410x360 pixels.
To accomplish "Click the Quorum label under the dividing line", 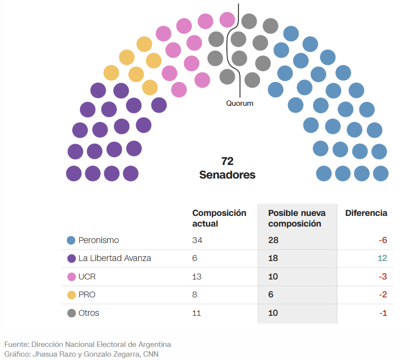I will [x=239, y=103].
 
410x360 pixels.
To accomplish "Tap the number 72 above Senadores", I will [x=227, y=162].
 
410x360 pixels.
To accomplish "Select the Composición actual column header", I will [x=219, y=218].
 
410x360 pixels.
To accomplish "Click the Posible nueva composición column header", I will [x=297, y=218].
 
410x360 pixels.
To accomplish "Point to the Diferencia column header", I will [x=366, y=213].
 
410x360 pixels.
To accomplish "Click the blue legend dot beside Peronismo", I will [x=71, y=240].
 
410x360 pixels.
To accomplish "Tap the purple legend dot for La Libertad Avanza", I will [x=71, y=259].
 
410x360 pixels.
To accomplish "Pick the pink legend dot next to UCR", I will [x=71, y=277].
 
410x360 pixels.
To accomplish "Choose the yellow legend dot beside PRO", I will [x=71, y=295].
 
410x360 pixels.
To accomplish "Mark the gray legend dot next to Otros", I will [x=71, y=313].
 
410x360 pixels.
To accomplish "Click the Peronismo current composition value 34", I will [x=197, y=240].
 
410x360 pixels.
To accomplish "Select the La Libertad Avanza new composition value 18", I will [x=273, y=259].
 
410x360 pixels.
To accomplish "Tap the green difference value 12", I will [x=382, y=259].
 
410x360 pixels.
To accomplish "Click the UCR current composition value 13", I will [x=197, y=277].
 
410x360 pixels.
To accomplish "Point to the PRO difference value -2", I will [x=382, y=295].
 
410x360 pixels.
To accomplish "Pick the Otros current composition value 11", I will [x=197, y=313].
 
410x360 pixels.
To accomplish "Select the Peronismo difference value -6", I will [x=382, y=240].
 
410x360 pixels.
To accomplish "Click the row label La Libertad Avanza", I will [x=114, y=259].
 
